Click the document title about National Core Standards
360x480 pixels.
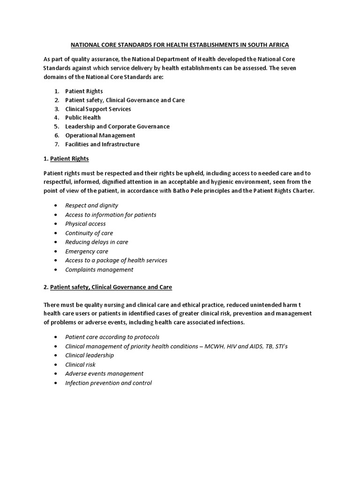(180, 45)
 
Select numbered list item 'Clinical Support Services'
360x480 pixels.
(98, 109)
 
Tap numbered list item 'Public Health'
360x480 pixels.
(83, 118)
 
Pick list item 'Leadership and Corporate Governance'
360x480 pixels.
(117, 127)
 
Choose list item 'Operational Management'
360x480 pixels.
(100, 135)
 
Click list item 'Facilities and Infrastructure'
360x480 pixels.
(102, 144)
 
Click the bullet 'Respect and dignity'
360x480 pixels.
(91, 205)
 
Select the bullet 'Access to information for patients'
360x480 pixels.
(111, 215)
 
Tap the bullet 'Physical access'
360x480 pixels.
(85, 224)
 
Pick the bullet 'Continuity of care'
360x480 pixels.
(89, 233)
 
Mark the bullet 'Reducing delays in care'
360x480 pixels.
(97, 242)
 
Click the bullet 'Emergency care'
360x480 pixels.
(86, 251)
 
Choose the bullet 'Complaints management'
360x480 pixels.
(99, 270)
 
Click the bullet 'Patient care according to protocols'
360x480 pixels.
(112, 337)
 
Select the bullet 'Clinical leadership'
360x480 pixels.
(90, 355)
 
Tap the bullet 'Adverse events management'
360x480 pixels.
(104, 374)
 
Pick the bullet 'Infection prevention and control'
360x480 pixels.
(108, 383)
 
